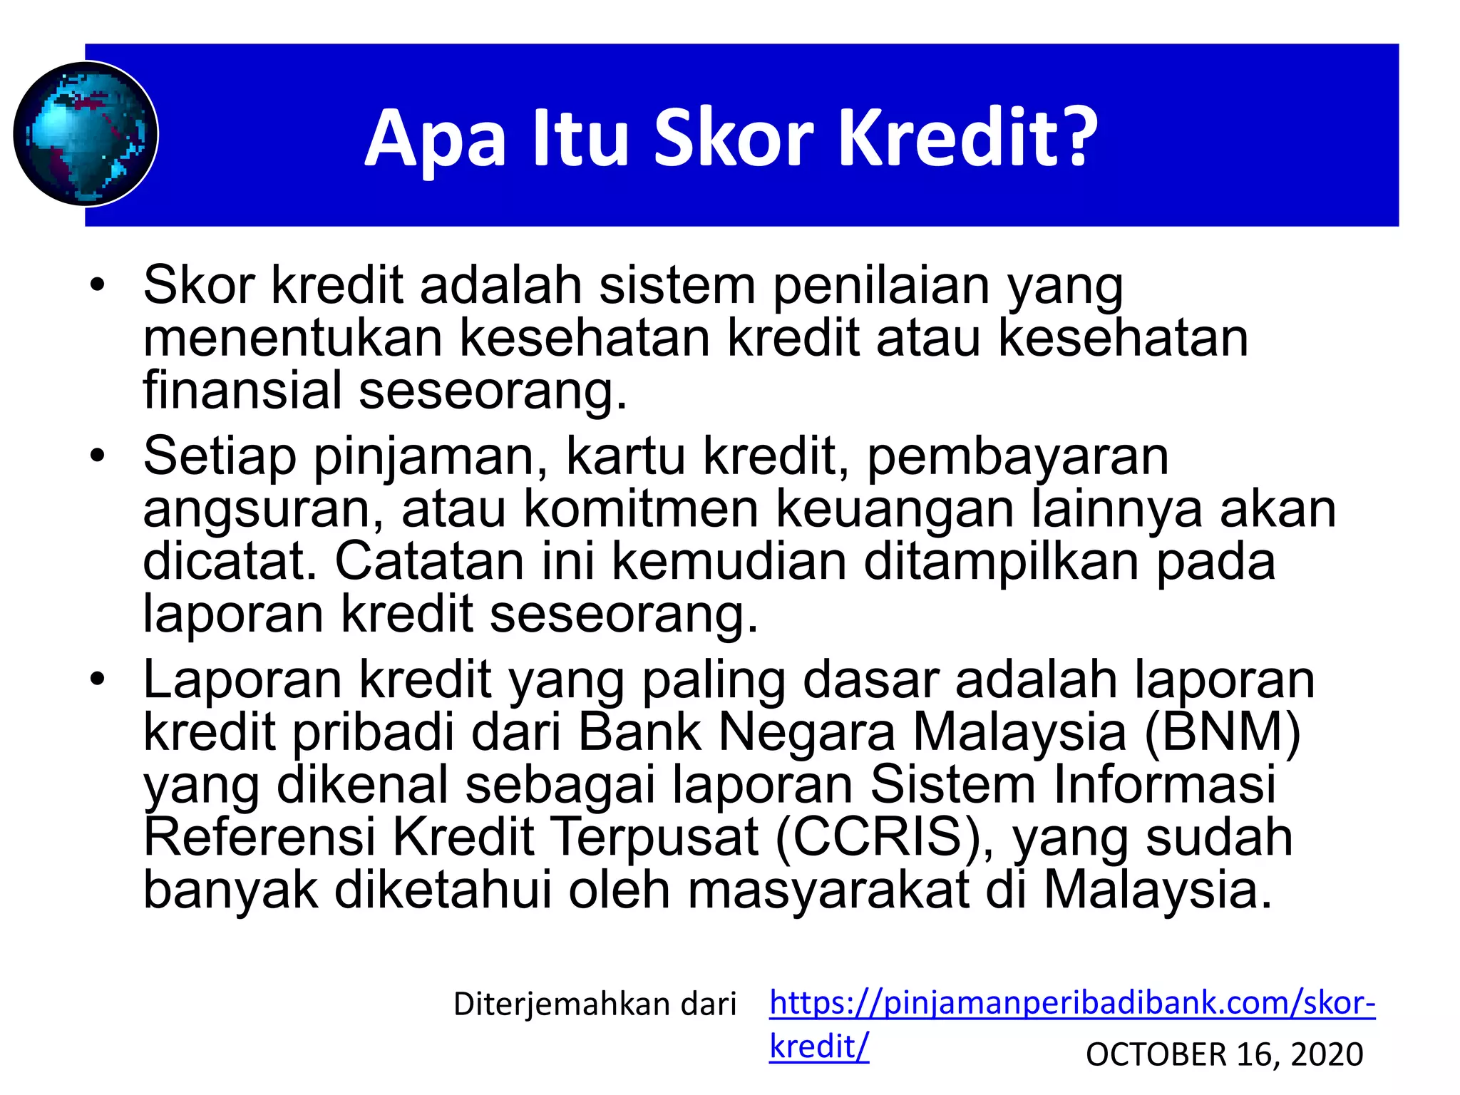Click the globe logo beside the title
pyautogui.click(x=86, y=134)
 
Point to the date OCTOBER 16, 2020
pyautogui.click(x=1224, y=1054)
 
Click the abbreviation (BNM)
pyautogui.click(x=1223, y=732)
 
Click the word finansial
pyautogui.click(x=243, y=390)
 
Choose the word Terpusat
pyautogui.click(x=655, y=837)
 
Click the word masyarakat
pyautogui.click(x=828, y=890)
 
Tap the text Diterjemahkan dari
pyautogui.click(x=595, y=1004)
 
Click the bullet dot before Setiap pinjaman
pyautogui.click(x=97, y=456)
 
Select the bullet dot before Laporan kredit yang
pyautogui.click(x=97, y=679)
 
